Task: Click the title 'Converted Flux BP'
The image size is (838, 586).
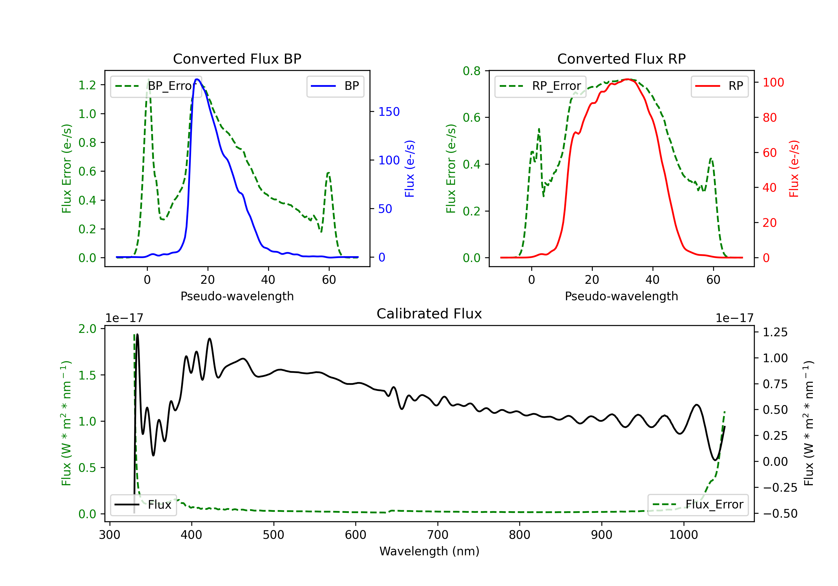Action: [x=237, y=59]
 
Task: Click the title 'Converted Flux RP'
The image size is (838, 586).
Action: [x=621, y=59]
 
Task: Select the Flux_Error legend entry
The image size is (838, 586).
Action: [x=698, y=505]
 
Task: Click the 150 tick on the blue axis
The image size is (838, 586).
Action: [x=389, y=112]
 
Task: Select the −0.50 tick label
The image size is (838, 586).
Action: [x=780, y=513]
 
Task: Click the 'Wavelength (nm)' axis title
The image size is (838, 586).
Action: [x=429, y=551]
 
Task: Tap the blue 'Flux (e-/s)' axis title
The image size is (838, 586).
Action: [x=410, y=169]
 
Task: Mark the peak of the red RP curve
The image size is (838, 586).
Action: [x=627, y=79]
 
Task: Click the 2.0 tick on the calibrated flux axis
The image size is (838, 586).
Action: [x=87, y=329]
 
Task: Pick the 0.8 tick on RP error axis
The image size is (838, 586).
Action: [x=472, y=71]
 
